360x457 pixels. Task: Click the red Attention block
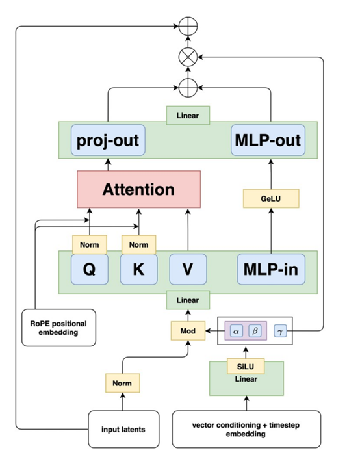click(138, 189)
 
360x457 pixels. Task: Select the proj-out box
click(108, 140)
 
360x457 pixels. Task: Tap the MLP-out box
click(268, 140)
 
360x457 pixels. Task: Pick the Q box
click(90, 269)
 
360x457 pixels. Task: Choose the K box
click(138, 269)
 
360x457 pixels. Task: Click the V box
click(188, 269)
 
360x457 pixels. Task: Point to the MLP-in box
click(271, 269)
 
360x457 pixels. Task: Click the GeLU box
click(271, 198)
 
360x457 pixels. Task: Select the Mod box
click(188, 331)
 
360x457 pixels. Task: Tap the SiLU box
click(246, 367)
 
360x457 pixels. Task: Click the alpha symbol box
click(237, 331)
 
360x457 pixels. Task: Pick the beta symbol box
click(255, 331)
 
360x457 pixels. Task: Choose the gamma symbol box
click(280, 331)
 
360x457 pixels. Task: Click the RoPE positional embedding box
click(58, 328)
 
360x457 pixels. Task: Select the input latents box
click(123, 429)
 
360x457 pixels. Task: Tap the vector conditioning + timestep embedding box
click(246, 429)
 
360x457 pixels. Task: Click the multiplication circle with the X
click(188, 57)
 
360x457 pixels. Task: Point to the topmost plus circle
click(188, 26)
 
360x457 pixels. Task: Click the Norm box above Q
click(90, 244)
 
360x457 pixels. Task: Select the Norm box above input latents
click(123, 383)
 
